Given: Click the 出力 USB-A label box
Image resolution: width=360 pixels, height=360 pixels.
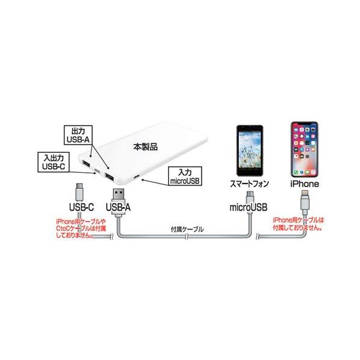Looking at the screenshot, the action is pyautogui.click(x=78, y=135).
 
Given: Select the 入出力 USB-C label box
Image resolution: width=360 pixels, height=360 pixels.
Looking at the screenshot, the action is pyautogui.click(x=54, y=162).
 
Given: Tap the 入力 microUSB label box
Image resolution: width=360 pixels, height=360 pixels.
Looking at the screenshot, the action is pyautogui.click(x=185, y=176).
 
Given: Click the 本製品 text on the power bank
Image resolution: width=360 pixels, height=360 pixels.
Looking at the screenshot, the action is pyautogui.click(x=146, y=147).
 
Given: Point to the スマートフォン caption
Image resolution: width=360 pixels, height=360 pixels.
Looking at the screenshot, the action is pyautogui.click(x=250, y=184).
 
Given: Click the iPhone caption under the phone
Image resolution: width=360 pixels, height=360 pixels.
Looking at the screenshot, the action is pyautogui.click(x=304, y=184).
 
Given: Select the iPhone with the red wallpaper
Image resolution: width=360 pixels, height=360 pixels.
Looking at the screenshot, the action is pyautogui.click(x=304, y=149).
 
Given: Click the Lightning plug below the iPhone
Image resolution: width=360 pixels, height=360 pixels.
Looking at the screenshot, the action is pyautogui.click(x=305, y=202).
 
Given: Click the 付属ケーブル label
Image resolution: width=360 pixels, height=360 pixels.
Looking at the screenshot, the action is pyautogui.click(x=187, y=229).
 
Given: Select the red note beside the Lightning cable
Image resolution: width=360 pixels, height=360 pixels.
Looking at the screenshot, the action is pyautogui.click(x=298, y=224).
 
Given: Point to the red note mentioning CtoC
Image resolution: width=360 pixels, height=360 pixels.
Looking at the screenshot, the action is pyautogui.click(x=81, y=229).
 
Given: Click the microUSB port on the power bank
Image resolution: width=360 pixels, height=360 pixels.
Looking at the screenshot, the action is pyautogui.click(x=137, y=177).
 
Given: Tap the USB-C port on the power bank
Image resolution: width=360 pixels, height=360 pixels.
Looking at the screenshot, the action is pyautogui.click(x=98, y=171).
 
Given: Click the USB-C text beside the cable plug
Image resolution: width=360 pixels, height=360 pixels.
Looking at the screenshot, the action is pyautogui.click(x=82, y=208).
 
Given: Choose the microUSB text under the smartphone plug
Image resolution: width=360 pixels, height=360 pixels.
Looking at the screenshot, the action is pyautogui.click(x=248, y=208).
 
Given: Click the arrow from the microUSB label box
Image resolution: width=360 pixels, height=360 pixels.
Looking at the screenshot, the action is pyautogui.click(x=155, y=181).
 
